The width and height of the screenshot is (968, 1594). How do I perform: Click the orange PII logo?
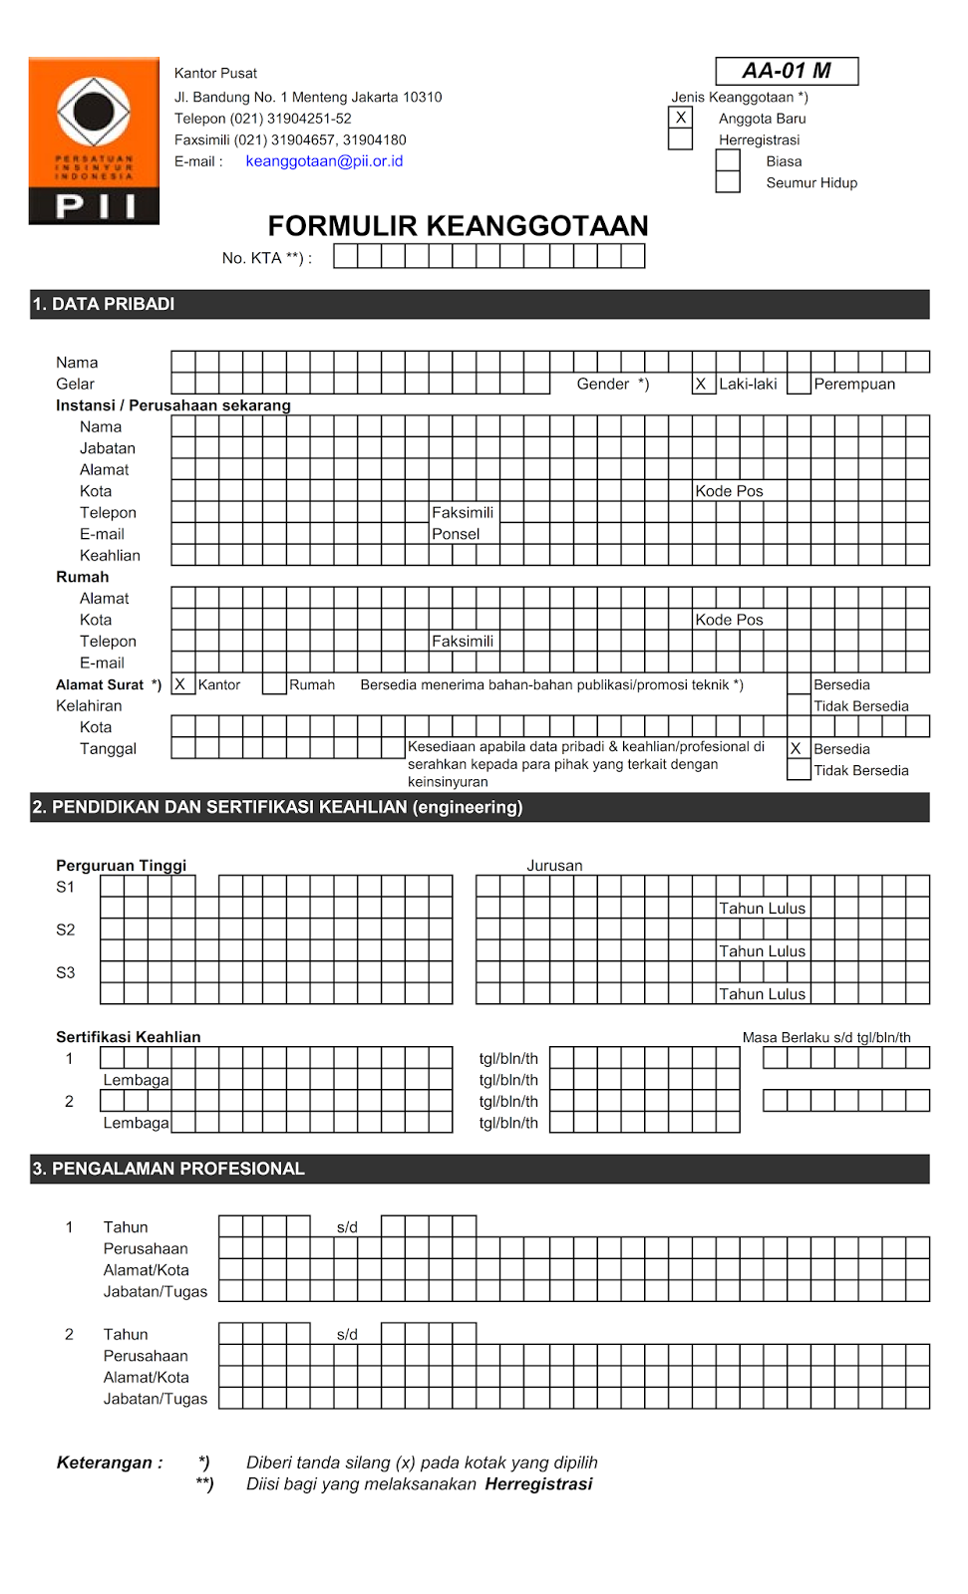point(94,140)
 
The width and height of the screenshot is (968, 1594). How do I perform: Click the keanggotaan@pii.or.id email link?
point(324,161)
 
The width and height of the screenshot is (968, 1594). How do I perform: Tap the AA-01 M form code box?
point(787,71)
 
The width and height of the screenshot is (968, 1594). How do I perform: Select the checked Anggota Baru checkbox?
point(681,118)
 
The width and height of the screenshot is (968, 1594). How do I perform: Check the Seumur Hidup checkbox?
point(728,182)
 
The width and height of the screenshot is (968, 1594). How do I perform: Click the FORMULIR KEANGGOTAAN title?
point(458,226)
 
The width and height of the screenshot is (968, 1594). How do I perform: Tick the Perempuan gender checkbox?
point(799,384)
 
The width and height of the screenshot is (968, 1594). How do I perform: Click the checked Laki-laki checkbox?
point(704,384)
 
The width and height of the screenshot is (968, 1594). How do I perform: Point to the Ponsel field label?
point(456,534)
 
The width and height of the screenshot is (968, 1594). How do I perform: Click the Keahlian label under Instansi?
point(110,556)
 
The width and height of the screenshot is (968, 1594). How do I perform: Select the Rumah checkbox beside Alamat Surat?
point(274,684)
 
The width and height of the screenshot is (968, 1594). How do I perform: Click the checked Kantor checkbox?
point(182,684)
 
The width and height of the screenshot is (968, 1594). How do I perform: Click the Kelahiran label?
point(89,706)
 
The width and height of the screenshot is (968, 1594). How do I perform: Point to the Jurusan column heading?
point(554,866)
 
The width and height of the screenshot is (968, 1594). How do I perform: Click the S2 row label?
point(66,930)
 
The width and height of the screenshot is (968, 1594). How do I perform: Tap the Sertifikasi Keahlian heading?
point(128,1037)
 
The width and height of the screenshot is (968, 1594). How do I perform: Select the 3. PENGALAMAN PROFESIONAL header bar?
point(480,1169)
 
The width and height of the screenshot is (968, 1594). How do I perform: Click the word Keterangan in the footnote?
point(104,1462)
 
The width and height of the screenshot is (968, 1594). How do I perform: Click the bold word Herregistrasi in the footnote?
point(538,1484)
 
